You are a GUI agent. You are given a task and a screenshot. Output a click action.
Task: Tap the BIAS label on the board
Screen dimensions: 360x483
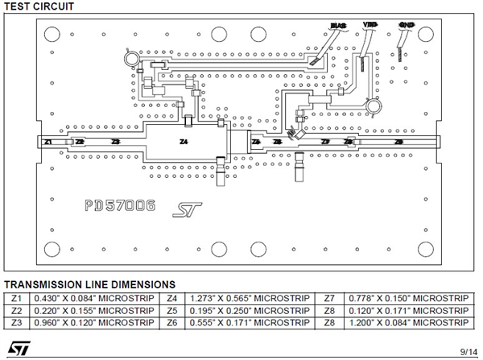tap(338, 25)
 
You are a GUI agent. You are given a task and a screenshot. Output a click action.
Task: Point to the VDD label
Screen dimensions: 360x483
tap(369, 24)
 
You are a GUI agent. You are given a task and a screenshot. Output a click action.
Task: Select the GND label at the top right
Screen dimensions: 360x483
tap(407, 24)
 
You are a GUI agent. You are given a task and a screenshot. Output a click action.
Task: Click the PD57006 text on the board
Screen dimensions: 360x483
tap(120, 206)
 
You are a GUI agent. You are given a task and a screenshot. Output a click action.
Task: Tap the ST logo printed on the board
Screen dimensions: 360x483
tap(184, 210)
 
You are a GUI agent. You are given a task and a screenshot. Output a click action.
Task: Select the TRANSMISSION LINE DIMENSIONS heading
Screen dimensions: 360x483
tap(89, 284)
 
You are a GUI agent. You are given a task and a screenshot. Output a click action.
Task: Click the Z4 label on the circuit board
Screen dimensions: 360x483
tap(184, 142)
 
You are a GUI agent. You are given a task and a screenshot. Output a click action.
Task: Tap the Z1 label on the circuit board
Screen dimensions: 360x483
tap(48, 142)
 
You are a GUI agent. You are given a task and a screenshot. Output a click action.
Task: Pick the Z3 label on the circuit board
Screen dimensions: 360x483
tap(116, 142)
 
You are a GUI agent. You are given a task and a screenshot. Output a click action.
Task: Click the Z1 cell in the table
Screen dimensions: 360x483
tap(17, 297)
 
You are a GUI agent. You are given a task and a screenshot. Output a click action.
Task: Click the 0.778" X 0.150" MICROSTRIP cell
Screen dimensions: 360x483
tap(407, 297)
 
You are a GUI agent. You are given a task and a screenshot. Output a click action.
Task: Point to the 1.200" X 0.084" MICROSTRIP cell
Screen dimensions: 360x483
tap(407, 323)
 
